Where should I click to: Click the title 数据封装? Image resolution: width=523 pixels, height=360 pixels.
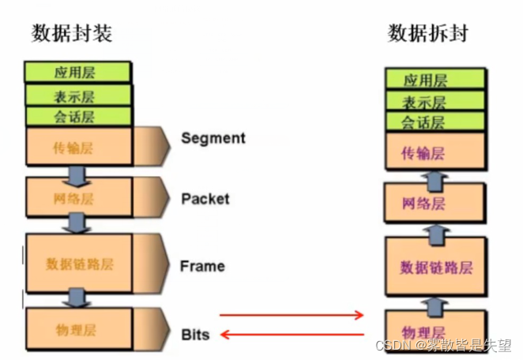tap(72, 33)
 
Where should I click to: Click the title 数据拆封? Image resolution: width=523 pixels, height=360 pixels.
tap(428, 33)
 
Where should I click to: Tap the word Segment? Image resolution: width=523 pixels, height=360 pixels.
tap(213, 138)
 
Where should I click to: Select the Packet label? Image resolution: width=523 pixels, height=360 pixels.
tap(205, 198)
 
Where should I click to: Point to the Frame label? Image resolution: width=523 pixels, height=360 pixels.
tap(202, 266)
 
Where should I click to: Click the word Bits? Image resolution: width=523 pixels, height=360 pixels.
tap(195, 335)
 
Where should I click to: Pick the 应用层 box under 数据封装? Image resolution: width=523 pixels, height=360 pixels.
tap(77, 73)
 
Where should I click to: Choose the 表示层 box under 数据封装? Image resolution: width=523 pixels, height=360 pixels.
tap(77, 96)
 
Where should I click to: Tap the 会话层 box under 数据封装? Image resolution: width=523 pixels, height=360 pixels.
tap(77, 117)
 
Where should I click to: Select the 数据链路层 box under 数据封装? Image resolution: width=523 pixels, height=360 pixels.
tap(79, 263)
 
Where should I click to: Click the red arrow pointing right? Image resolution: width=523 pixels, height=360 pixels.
tap(291, 316)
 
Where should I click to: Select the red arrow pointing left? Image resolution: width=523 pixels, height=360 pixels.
tap(291, 336)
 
